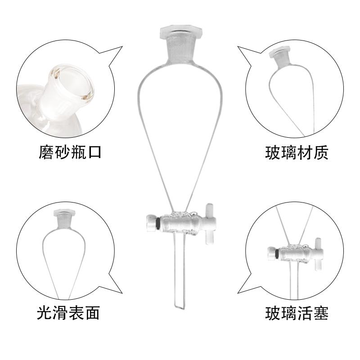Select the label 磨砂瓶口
click(69, 152)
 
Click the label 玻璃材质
click(297, 152)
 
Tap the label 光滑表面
click(68, 311)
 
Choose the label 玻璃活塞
click(297, 311)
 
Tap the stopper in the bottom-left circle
click(59, 215)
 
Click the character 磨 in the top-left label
click(45, 152)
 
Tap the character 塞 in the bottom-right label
click(320, 311)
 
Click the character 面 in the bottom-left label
click(92, 311)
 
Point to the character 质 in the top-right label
click(320, 152)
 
